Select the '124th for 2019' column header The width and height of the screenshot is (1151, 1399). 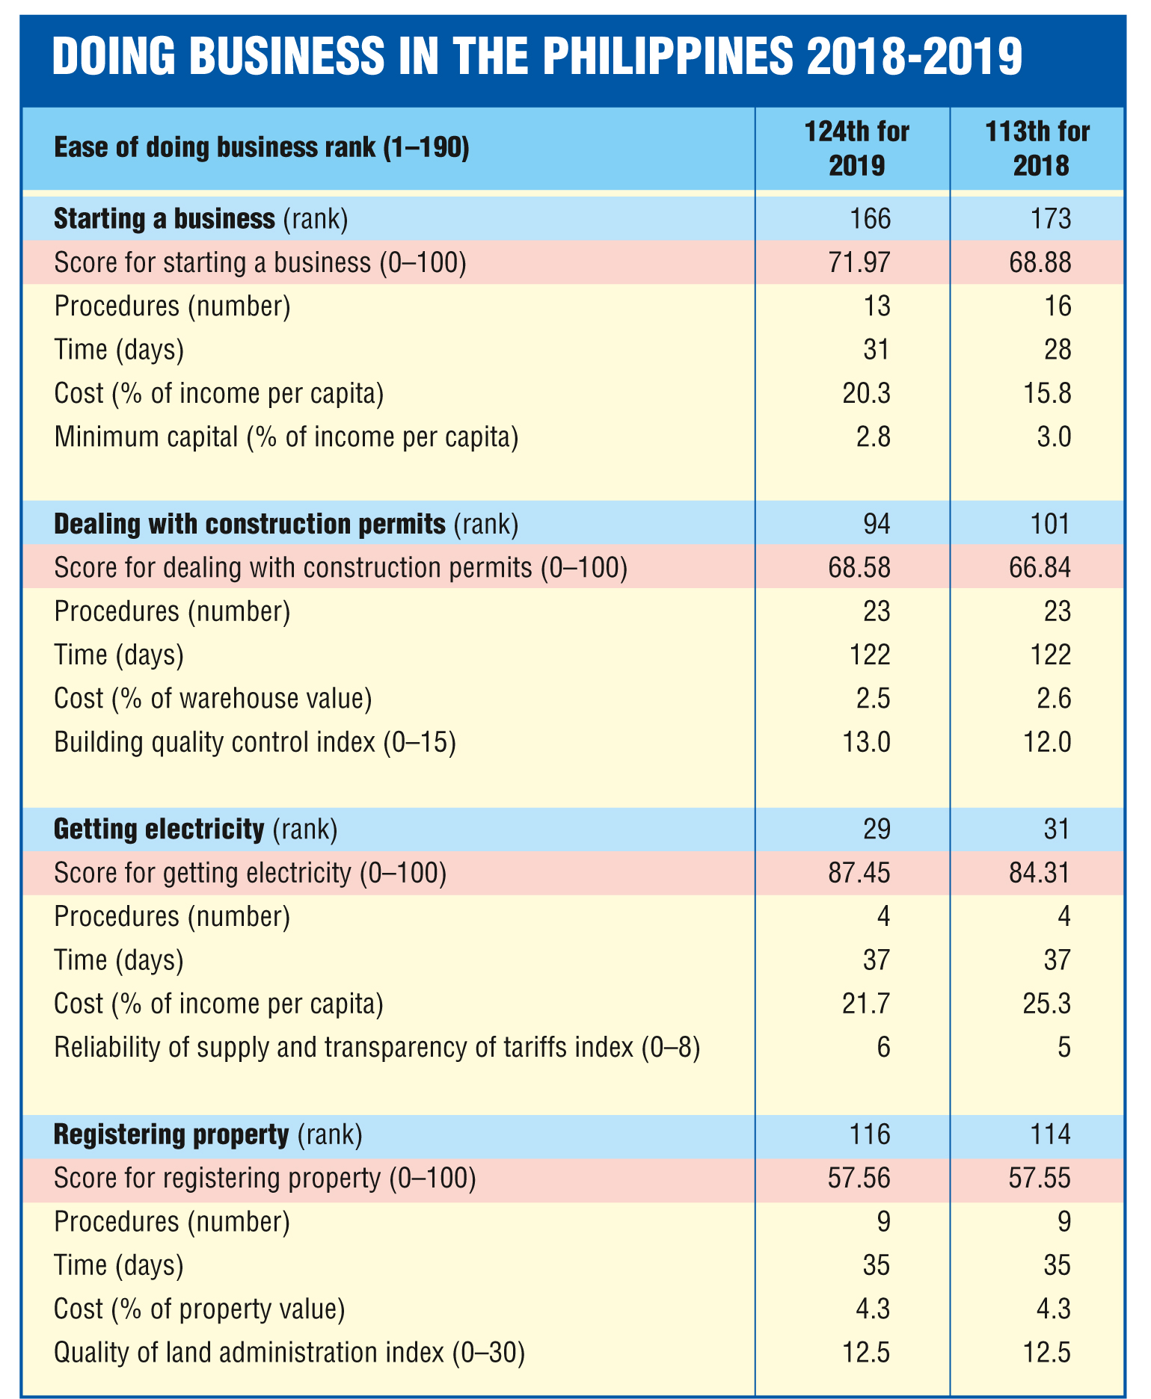tap(857, 148)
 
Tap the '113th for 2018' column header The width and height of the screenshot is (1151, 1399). tap(1038, 148)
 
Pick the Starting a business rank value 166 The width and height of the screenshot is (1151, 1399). tap(871, 218)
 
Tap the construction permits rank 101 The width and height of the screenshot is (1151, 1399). tap(1052, 525)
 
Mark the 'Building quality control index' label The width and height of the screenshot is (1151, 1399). tap(255, 743)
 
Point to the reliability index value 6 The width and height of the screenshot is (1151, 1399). tap(884, 1047)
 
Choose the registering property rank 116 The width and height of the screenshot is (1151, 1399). tap(871, 1134)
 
